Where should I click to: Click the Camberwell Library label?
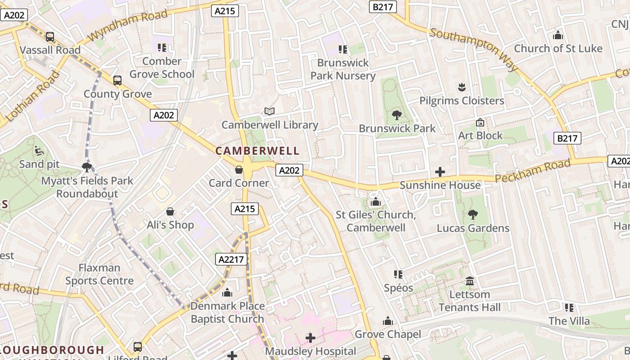(x=270, y=125)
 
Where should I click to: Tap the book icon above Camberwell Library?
(x=269, y=111)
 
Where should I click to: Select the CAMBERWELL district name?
(x=257, y=151)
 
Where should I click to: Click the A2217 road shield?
(x=232, y=259)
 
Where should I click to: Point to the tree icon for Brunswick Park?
(x=396, y=115)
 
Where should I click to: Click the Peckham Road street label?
(x=533, y=171)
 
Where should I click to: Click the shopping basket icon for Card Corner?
(x=239, y=170)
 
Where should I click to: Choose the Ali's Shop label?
(x=171, y=225)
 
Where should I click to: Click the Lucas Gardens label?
(x=473, y=228)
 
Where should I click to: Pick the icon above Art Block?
(x=480, y=122)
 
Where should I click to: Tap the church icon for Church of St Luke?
(x=558, y=35)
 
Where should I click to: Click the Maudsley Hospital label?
(x=310, y=351)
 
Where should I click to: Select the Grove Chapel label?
(x=388, y=334)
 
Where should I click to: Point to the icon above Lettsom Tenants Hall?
(x=470, y=281)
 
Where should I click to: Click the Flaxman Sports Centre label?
(x=99, y=274)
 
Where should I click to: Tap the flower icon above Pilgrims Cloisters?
(x=461, y=87)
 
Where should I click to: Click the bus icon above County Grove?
(x=117, y=81)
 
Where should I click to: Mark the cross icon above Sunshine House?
(x=440, y=172)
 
